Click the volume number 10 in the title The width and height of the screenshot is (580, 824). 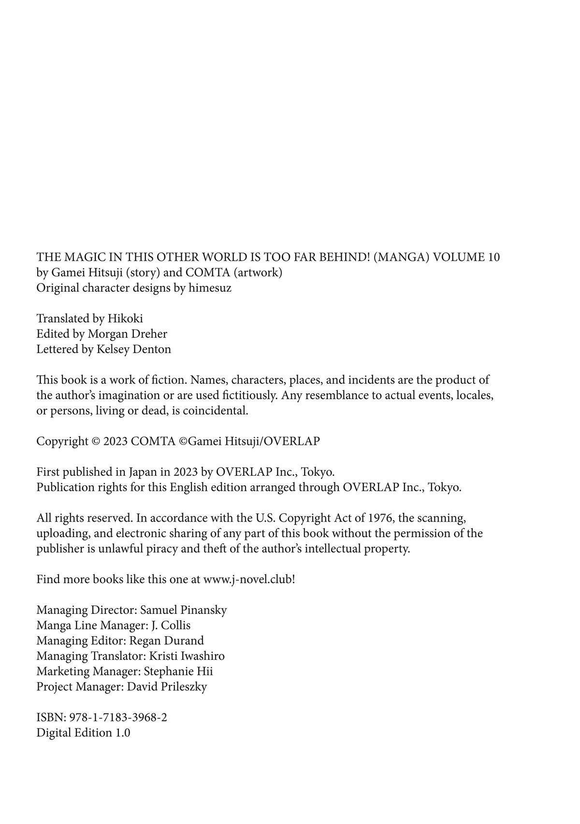click(493, 257)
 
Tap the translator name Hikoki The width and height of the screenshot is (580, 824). click(125, 319)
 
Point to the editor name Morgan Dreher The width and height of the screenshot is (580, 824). click(128, 334)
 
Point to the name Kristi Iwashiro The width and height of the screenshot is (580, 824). click(187, 656)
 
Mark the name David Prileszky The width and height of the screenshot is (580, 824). click(167, 687)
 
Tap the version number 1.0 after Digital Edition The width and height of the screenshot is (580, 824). click(122, 733)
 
